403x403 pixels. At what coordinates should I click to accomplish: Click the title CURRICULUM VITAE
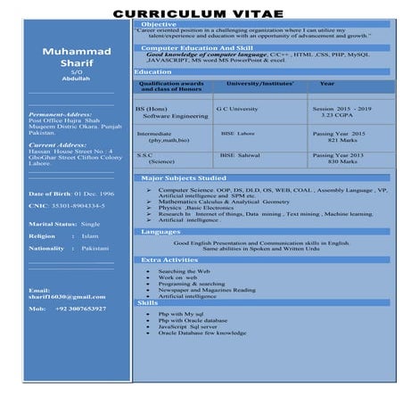201,12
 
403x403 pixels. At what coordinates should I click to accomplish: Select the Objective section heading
159,24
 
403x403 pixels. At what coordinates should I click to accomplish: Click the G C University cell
237,109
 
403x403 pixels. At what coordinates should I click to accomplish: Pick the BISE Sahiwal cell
239,155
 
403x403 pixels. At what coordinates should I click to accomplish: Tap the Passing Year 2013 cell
339,155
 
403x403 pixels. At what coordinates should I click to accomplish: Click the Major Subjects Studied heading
183,178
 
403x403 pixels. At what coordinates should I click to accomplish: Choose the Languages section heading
160,231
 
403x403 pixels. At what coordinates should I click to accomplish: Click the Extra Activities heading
169,259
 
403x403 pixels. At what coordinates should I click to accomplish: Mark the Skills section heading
147,303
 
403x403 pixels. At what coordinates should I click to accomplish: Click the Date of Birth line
71,193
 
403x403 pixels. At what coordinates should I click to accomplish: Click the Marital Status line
64,224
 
